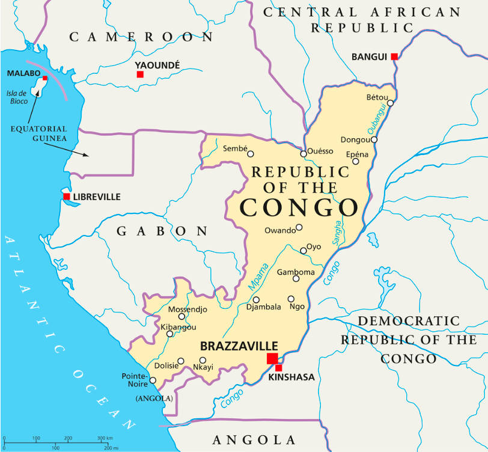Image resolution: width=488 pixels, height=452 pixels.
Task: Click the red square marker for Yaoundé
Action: [x=140, y=75]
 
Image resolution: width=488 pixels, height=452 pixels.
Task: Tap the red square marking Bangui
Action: [x=394, y=56]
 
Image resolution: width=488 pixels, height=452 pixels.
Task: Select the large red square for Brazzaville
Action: [x=272, y=359]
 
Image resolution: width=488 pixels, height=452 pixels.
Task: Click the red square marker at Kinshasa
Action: [x=278, y=367]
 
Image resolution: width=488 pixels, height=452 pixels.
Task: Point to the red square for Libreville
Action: [x=67, y=197]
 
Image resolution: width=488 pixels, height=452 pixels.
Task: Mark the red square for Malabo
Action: [x=44, y=78]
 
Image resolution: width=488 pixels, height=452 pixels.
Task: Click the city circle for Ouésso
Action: [x=303, y=154]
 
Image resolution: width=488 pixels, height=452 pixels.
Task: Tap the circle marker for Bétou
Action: [x=390, y=103]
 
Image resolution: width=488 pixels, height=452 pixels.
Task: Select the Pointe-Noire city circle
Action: [x=153, y=380]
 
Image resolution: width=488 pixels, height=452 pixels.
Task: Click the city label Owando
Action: [x=279, y=230]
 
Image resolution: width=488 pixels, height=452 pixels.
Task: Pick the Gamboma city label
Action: [x=295, y=272]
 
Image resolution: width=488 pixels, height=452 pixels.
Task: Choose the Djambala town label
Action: [x=263, y=307]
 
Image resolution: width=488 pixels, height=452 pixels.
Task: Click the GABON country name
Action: [x=162, y=231]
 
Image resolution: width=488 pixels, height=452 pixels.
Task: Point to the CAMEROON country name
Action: [x=141, y=37]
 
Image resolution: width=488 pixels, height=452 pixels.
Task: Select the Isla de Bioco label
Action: [x=17, y=97]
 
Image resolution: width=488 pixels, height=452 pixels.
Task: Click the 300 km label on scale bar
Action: [x=105, y=438]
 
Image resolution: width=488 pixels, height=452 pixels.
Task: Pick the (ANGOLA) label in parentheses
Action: [x=154, y=399]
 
